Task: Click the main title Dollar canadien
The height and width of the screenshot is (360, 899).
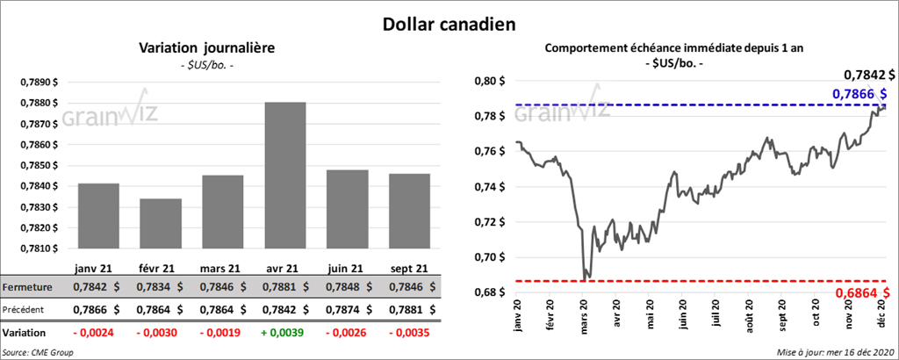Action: pyautogui.click(x=449, y=22)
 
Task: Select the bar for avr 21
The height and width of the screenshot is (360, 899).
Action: pyautogui.click(x=284, y=175)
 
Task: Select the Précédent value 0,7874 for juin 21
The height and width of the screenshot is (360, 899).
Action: pyautogui.click(x=347, y=309)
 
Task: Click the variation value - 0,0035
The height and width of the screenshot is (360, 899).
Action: pyautogui.click(x=408, y=334)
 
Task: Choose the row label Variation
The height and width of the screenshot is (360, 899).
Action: pyautogui.click(x=24, y=334)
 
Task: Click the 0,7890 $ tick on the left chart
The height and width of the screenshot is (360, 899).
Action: pyautogui.click(x=40, y=82)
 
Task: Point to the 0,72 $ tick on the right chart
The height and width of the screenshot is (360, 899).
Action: pyautogui.click(x=489, y=221)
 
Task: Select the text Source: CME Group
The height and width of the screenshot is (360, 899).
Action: pyautogui.click(x=38, y=352)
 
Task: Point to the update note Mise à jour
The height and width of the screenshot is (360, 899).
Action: pyautogui.click(x=835, y=352)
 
